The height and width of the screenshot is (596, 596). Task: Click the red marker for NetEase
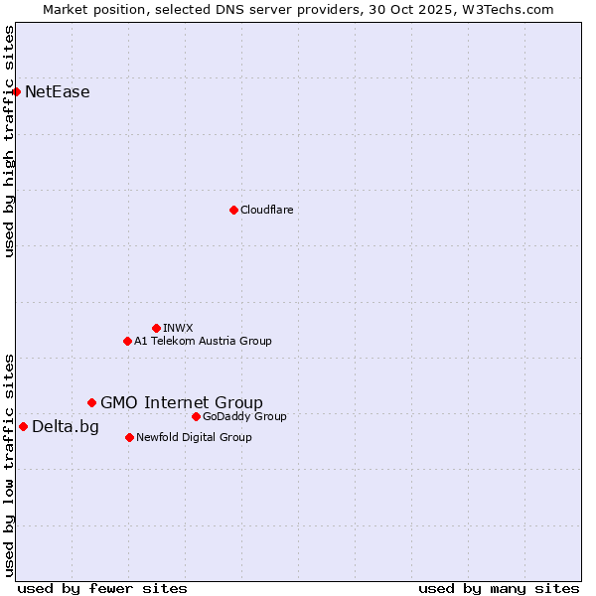16,92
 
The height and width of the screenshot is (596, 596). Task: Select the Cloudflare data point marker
233,210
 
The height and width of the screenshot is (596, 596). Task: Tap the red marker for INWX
156,328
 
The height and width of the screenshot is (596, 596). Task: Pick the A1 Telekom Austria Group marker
127,341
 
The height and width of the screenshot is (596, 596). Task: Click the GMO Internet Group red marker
91,402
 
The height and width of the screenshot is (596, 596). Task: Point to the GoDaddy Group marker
196,416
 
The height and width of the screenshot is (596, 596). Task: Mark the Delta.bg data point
23,426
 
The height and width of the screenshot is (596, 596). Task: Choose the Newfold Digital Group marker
129,437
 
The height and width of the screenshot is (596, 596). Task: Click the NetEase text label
58,92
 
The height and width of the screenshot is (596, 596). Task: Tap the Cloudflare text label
267,210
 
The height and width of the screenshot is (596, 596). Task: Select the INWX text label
178,328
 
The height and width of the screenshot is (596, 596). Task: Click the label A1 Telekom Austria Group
203,341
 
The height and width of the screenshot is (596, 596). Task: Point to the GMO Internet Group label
182,402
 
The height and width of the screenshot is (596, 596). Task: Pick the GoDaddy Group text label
244,416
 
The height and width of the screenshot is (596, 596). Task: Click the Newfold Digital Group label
194,437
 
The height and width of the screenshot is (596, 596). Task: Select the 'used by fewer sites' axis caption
102,588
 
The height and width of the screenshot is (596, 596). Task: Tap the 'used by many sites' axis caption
499,588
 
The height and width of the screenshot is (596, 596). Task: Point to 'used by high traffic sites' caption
10,141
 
